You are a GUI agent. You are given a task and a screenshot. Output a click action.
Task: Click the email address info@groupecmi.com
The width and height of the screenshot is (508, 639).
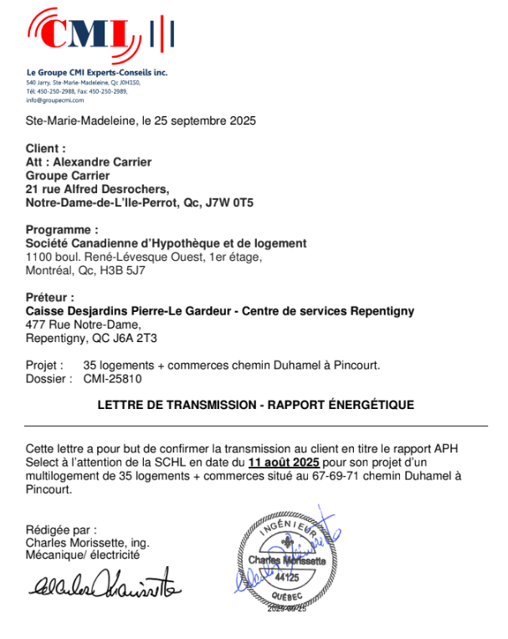55,100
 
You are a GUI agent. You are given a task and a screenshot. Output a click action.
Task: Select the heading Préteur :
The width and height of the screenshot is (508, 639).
50,298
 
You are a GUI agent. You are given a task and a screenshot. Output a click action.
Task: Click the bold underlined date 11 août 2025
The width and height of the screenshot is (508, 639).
284,461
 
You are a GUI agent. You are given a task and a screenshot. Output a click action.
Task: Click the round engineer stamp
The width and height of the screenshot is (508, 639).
287,560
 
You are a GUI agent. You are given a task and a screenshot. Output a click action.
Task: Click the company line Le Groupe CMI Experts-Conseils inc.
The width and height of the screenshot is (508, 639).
97,74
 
